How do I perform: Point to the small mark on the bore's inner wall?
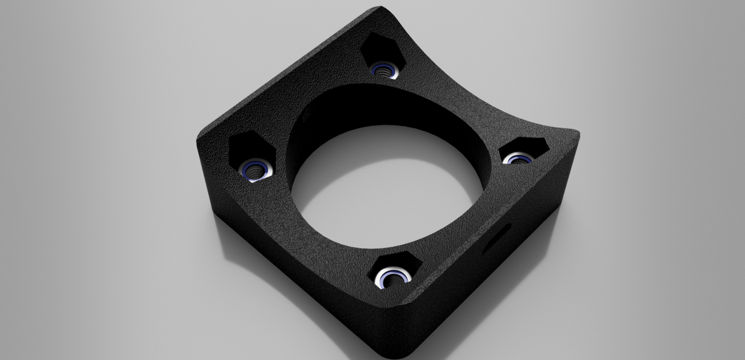point(308,115)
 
